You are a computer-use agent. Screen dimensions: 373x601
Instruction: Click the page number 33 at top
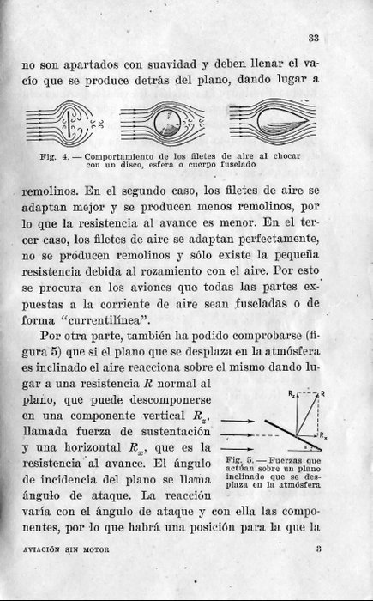(x=314, y=37)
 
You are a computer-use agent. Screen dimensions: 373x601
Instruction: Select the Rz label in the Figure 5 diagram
(x=291, y=393)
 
